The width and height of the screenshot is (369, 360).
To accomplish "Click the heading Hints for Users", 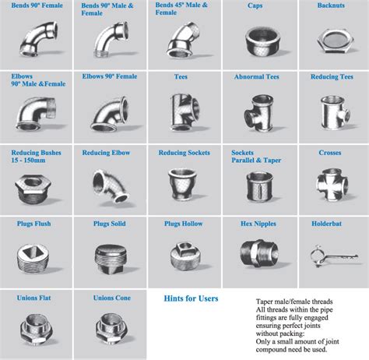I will click(x=192, y=298).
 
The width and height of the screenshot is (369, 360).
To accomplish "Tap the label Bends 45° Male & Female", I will click(x=181, y=9).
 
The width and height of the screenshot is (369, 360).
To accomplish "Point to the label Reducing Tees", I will click(x=332, y=77).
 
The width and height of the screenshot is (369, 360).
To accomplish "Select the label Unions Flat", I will click(x=34, y=298).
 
